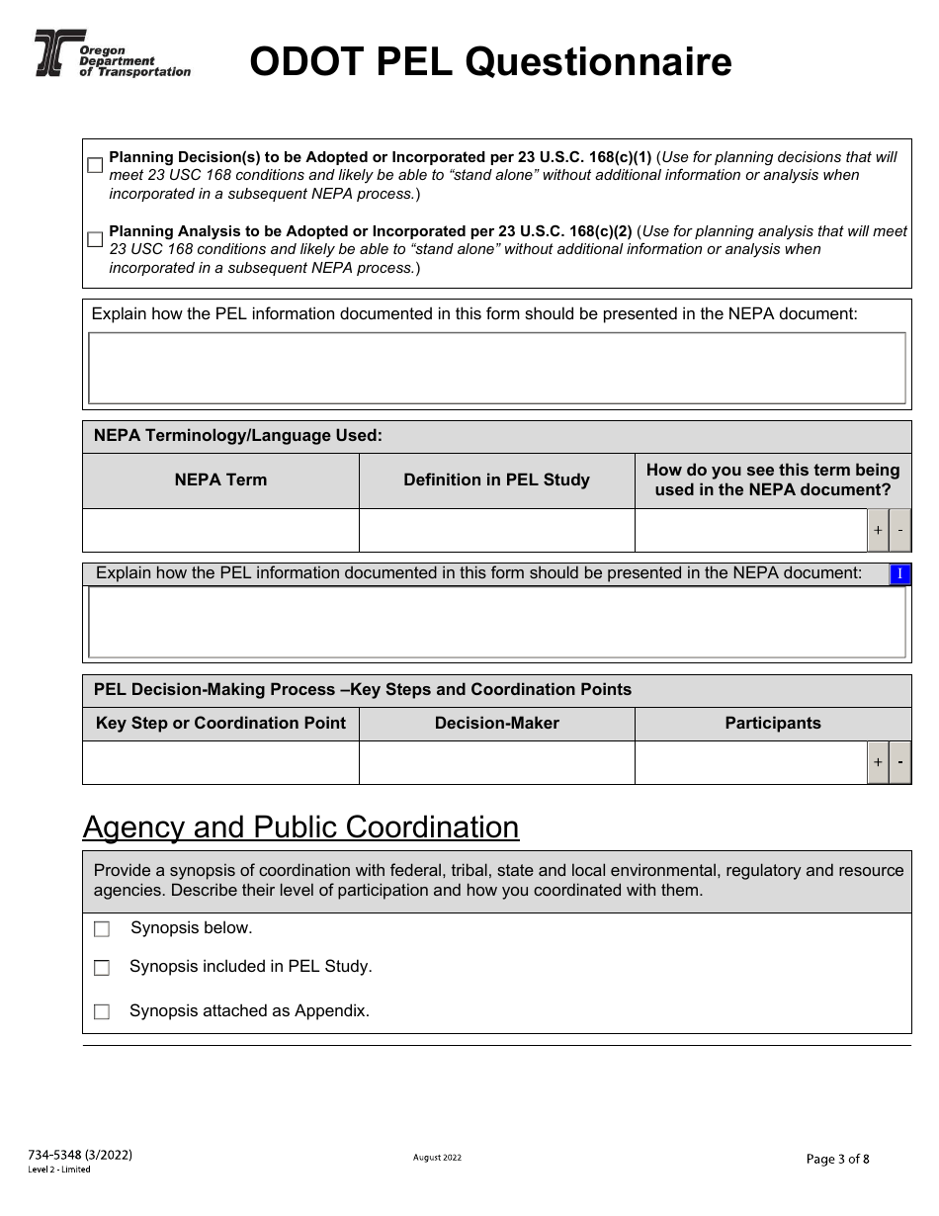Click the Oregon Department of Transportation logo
[x=112, y=54]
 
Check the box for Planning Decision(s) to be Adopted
[x=95, y=165]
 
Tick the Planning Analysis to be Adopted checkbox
[x=95, y=239]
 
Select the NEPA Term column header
[x=220, y=480]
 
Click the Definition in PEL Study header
[x=496, y=480]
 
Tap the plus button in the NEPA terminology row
[x=878, y=531]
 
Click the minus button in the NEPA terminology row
[x=900, y=531]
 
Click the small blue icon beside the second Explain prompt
[x=899, y=574]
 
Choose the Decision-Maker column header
[x=496, y=724]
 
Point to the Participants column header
[x=772, y=724]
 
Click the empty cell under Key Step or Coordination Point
[x=220, y=762]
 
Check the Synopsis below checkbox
[x=102, y=929]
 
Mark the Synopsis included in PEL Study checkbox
[x=102, y=968]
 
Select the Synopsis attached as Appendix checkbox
[x=102, y=1011]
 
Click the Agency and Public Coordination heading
[x=300, y=827]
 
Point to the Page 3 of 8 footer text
[x=838, y=1160]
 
